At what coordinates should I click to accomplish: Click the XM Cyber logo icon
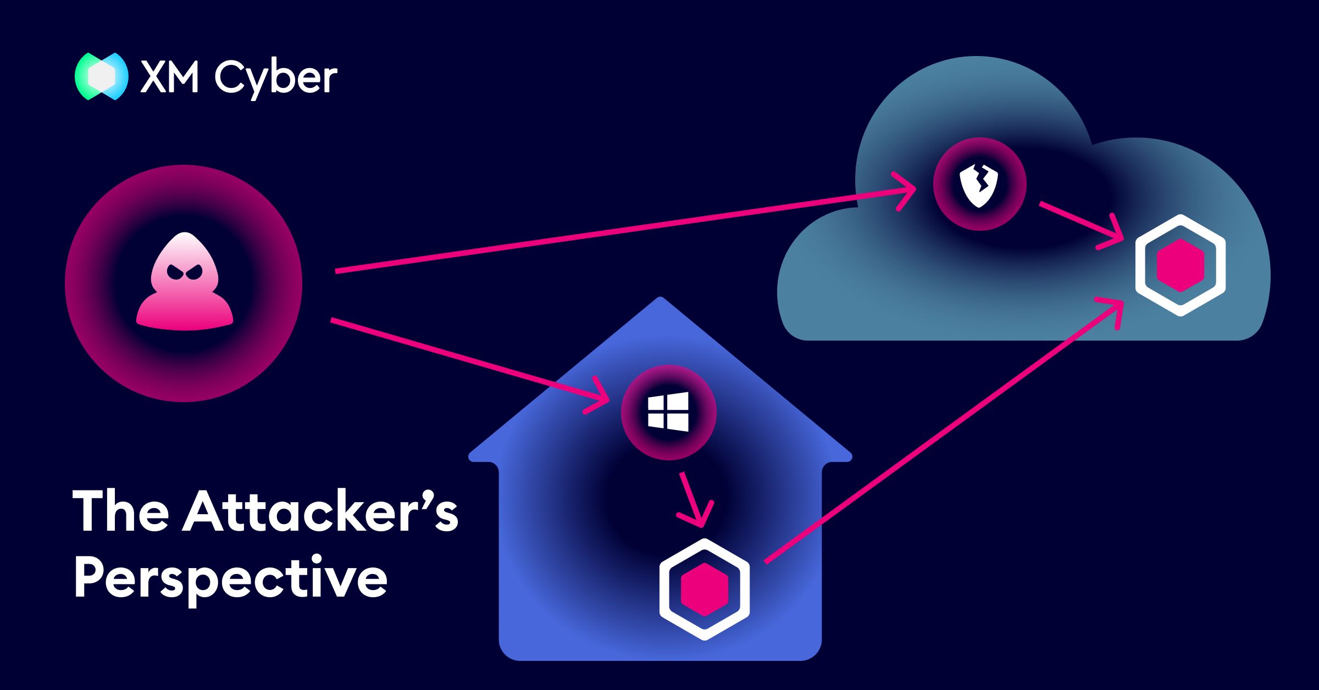102,76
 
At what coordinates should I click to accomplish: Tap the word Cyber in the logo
275,78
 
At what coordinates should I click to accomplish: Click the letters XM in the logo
169,77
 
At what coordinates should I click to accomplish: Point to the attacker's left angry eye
175,272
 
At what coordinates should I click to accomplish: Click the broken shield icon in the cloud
979,184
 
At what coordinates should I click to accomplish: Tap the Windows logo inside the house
668,411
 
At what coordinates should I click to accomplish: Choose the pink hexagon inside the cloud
1181,265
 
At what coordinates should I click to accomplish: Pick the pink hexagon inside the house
705,589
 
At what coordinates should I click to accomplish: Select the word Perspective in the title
230,578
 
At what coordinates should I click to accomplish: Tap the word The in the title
121,511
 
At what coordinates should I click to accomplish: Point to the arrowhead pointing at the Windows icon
601,397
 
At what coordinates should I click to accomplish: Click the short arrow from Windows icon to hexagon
693,499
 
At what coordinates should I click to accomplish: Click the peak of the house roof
661,299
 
